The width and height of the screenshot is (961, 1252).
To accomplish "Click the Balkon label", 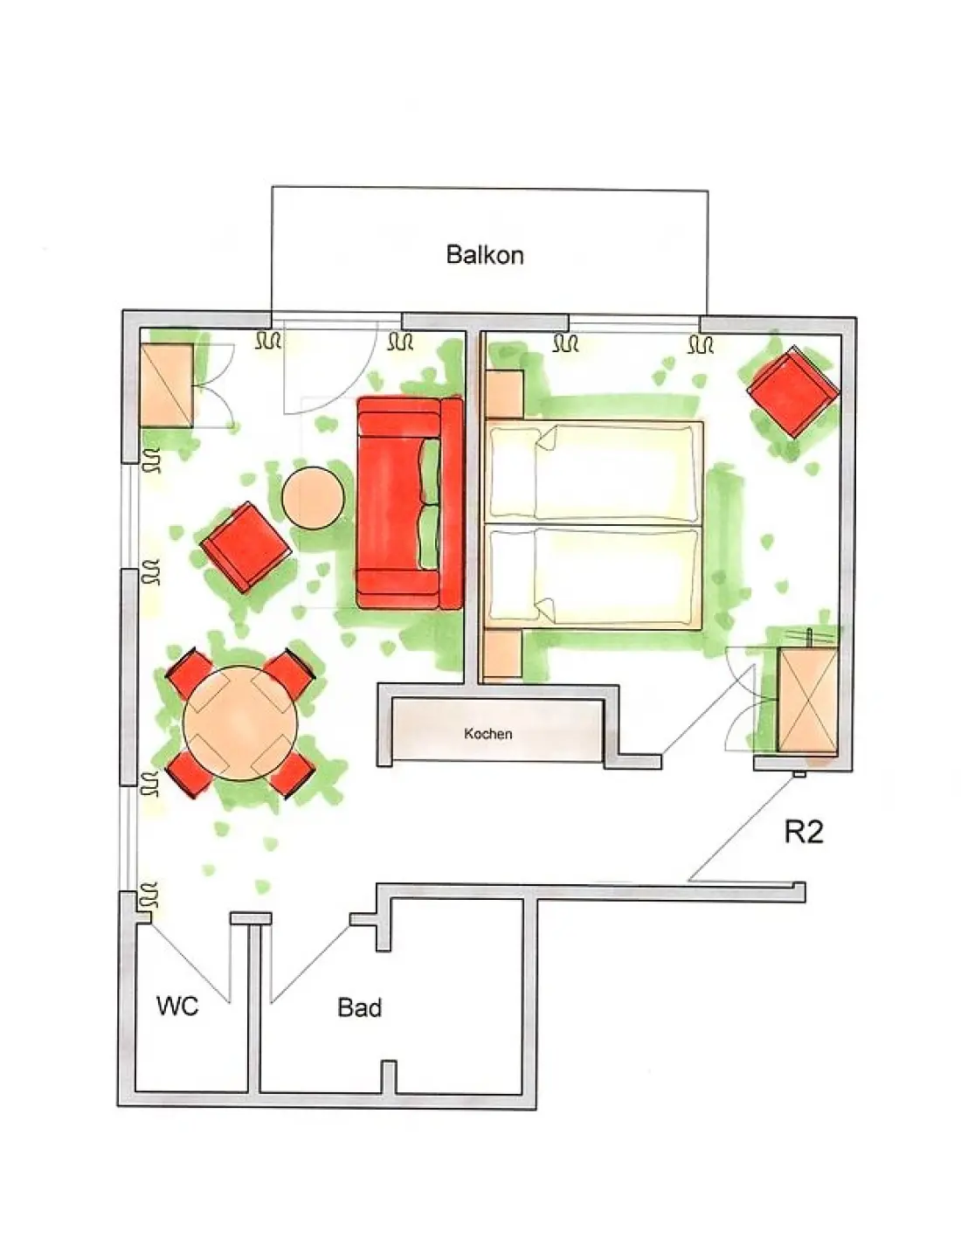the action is (x=485, y=254).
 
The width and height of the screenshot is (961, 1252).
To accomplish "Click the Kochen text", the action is (x=488, y=734).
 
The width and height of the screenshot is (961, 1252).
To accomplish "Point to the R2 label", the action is (x=804, y=832).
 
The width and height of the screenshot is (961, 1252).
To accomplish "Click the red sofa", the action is (x=410, y=502).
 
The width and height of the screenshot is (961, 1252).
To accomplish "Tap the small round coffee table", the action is (x=314, y=497).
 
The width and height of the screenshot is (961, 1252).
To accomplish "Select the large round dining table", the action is (x=241, y=723).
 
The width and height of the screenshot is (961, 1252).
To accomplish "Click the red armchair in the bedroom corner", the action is (x=792, y=391).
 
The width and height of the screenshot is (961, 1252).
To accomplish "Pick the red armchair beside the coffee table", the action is (x=246, y=547).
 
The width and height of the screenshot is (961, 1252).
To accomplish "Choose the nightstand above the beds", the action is (x=504, y=394).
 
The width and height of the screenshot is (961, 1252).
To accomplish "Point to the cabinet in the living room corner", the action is (x=167, y=385).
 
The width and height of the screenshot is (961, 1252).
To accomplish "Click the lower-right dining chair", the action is (x=292, y=776).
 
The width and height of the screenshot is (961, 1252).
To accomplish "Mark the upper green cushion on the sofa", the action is (x=430, y=471).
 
